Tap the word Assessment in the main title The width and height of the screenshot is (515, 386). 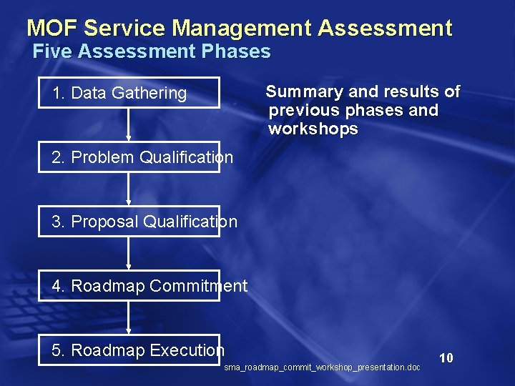click(385, 29)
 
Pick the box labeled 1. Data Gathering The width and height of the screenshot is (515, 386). click(129, 92)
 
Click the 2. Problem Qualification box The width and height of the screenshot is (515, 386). click(129, 157)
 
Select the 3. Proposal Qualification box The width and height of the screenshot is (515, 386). click(129, 222)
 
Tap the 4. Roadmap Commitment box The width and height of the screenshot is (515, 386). click(129, 286)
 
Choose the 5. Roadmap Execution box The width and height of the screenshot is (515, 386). click(129, 350)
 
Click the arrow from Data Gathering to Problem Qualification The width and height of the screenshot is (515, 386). click(129, 124)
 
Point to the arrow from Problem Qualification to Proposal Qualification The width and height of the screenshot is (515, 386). click(129, 189)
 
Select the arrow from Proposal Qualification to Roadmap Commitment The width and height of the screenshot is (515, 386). click(129, 253)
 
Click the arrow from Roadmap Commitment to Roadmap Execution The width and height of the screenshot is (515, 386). click(129, 317)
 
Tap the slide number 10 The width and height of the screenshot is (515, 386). click(446, 357)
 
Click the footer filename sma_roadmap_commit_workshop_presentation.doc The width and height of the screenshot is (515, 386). click(322, 367)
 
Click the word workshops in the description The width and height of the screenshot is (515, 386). click(313, 129)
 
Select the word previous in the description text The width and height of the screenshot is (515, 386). click(303, 111)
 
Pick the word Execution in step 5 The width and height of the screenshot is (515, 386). click(187, 350)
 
